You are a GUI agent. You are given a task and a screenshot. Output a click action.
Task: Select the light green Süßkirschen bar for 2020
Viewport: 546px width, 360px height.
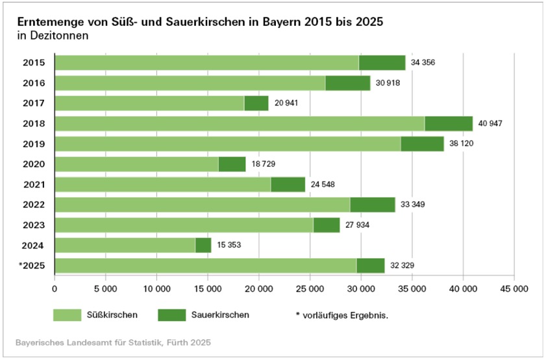coord(136,164)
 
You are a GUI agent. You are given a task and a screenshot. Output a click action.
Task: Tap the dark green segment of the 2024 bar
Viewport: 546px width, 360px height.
coord(203,245)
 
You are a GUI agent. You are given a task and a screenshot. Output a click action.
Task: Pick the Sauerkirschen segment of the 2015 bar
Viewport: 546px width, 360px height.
coord(382,62)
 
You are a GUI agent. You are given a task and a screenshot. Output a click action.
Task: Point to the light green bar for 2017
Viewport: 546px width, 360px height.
coord(149,103)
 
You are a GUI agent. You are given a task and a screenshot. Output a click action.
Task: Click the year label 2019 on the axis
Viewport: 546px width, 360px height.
coord(33,143)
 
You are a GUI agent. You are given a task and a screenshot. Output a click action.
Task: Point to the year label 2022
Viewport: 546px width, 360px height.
coord(33,204)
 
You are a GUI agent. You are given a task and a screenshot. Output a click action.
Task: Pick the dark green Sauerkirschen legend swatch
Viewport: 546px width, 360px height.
coord(171,315)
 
